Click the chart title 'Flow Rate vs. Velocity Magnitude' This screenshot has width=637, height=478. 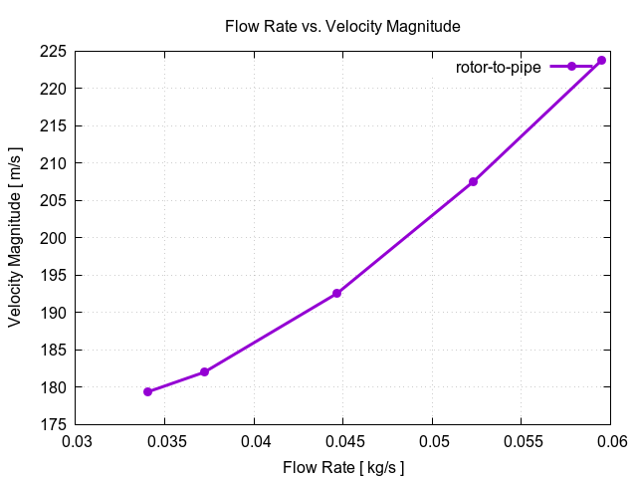(342, 26)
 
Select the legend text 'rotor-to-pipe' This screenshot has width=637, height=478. (498, 67)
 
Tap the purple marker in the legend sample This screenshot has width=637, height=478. (571, 67)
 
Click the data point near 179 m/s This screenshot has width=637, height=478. (148, 391)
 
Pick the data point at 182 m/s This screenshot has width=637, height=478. (205, 372)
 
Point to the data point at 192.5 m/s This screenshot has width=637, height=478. (337, 294)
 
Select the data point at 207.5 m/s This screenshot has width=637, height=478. (473, 181)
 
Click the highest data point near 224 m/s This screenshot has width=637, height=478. (601, 61)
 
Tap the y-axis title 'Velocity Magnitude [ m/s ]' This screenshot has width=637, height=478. (15, 238)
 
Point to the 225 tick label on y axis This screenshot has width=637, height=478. (56, 51)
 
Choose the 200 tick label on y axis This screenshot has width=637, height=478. (56, 238)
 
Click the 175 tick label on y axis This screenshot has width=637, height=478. (56, 425)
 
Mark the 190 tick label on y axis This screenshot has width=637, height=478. (56, 313)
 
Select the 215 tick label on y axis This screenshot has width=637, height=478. (56, 125)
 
